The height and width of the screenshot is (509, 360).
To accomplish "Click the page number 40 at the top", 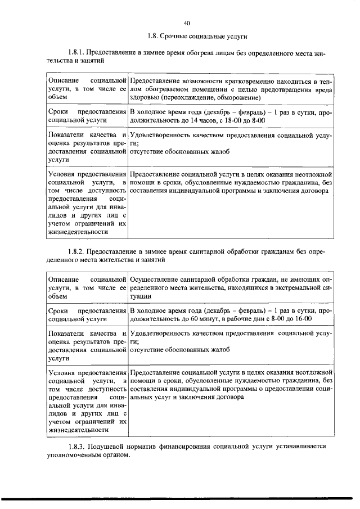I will (187, 23).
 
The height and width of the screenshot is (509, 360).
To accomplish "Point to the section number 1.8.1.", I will (76, 53).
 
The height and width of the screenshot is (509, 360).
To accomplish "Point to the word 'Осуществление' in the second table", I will (155, 279).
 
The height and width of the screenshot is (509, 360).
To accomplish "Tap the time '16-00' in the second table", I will (302, 318).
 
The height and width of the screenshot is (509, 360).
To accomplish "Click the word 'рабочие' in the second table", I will (239, 318).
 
